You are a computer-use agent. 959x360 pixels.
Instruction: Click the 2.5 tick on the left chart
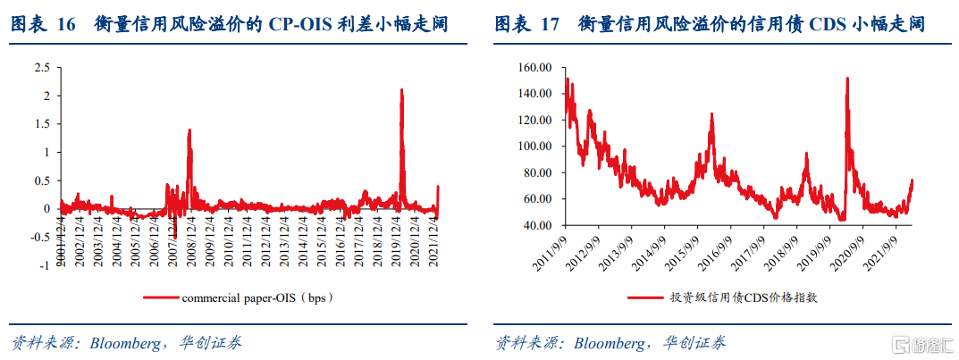click(x=40, y=67)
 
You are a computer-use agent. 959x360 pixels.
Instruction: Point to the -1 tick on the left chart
click(x=43, y=265)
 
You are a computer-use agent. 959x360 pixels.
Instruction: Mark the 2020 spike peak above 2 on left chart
click(x=402, y=90)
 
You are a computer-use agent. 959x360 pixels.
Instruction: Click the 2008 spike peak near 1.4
click(x=189, y=130)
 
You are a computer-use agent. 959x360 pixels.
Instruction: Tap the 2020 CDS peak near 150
click(x=846, y=79)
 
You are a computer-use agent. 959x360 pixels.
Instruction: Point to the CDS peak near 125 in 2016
click(x=711, y=114)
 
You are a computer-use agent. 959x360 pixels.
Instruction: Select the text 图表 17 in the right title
click(x=526, y=24)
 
